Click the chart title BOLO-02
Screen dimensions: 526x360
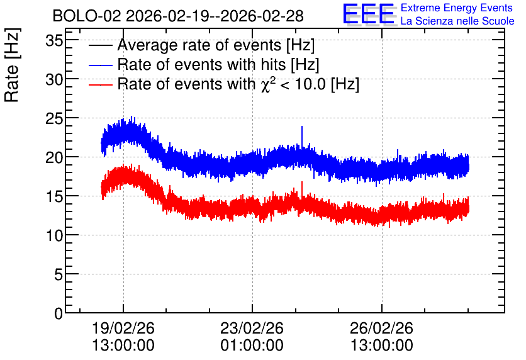87,16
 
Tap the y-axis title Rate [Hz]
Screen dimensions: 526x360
12,65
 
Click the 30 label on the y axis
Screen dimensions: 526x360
54,80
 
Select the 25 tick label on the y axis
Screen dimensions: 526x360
54,119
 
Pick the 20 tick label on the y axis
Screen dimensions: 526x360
54,158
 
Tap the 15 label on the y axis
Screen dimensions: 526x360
54,197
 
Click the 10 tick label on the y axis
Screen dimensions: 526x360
54,236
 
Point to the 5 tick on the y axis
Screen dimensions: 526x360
59,275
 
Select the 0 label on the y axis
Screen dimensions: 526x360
59,313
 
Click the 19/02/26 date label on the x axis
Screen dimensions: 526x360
123,328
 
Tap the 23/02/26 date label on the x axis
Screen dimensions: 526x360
252,328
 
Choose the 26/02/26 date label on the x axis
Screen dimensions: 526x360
381,328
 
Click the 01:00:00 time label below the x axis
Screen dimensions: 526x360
252,345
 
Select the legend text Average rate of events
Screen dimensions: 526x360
199,45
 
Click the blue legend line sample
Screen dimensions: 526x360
100,65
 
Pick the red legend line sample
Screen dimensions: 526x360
100,84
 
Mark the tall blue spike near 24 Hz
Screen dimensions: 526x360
302,136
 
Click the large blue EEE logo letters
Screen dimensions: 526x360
369,14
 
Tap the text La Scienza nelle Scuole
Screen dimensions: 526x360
457,21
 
